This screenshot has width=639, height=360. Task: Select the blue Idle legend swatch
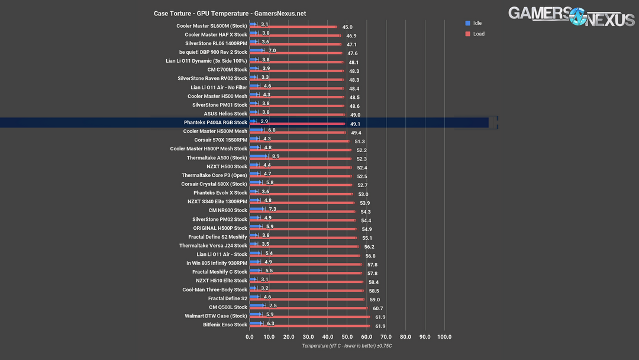(x=467, y=23)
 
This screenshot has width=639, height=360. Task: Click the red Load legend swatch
(x=467, y=34)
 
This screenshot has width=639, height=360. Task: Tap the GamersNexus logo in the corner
(x=571, y=17)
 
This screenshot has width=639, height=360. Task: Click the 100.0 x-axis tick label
(x=444, y=337)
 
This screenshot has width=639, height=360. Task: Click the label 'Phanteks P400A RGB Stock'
(x=215, y=123)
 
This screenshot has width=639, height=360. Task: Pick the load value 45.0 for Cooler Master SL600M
(x=347, y=27)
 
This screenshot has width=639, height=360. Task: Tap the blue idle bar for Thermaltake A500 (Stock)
(x=259, y=156)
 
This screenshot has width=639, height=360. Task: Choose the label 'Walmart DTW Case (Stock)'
(x=216, y=316)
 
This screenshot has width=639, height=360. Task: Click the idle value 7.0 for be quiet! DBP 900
(x=272, y=51)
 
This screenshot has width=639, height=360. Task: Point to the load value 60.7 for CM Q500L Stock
(x=377, y=308)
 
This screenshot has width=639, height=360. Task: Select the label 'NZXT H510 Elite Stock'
(x=221, y=281)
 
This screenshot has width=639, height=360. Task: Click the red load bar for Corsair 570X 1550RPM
(x=302, y=142)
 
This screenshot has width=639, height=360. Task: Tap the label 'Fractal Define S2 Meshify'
(x=218, y=237)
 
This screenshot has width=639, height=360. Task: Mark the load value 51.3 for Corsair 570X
(x=359, y=142)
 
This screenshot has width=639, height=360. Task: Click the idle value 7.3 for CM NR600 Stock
(x=273, y=209)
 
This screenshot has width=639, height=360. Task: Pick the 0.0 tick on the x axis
(x=250, y=337)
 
